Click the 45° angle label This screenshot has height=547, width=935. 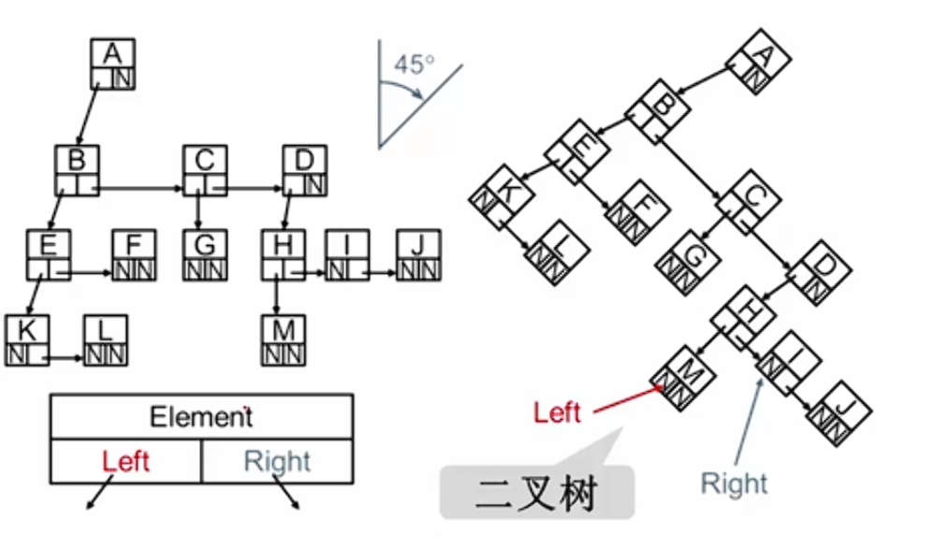click(x=415, y=65)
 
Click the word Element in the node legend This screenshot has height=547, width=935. click(x=201, y=417)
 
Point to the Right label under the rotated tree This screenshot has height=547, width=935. click(x=734, y=483)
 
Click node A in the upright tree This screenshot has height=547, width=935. click(x=112, y=63)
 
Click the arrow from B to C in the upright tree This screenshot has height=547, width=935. click(x=140, y=188)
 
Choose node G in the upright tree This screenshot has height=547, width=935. click(x=205, y=255)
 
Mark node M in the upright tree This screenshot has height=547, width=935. click(x=284, y=341)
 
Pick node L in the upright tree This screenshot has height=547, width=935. click(x=105, y=341)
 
